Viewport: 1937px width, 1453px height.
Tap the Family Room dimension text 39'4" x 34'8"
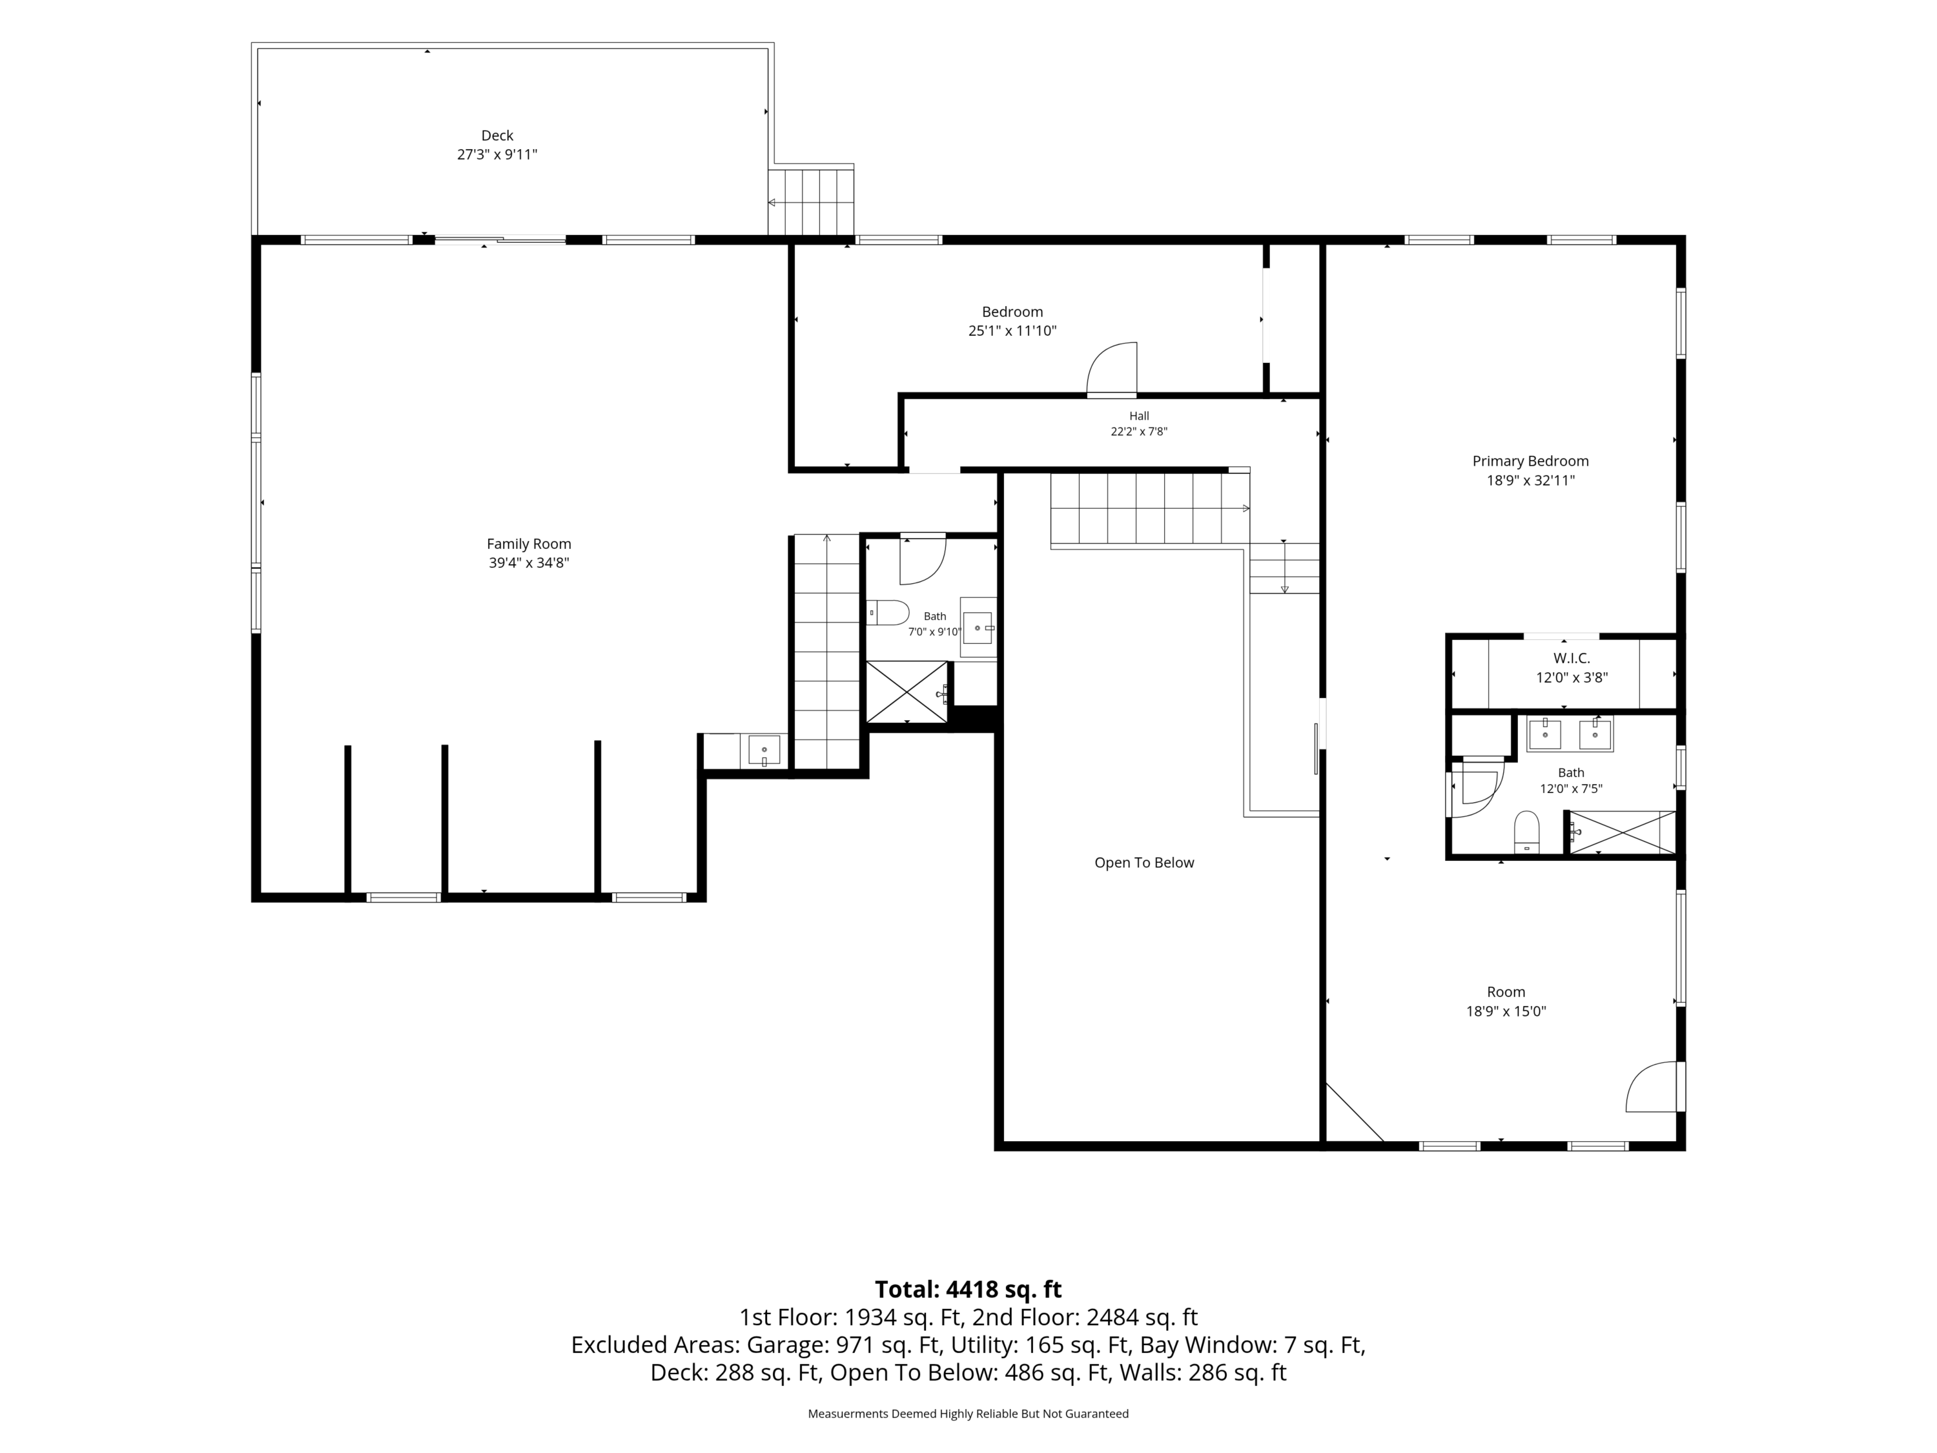[x=529, y=563]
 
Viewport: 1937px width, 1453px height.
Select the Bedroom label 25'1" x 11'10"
[x=1012, y=331]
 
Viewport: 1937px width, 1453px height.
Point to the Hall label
[x=1138, y=416]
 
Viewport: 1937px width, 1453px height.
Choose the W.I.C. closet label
[x=1572, y=658]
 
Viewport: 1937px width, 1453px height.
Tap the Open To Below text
[x=1143, y=863]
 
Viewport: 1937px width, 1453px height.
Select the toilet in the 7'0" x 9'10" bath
[x=888, y=612]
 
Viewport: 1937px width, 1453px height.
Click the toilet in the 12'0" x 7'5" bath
[x=1526, y=832]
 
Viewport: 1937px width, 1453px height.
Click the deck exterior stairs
[x=811, y=201]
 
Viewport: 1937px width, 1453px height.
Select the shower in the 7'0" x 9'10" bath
[x=907, y=692]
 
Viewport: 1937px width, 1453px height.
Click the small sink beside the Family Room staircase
[x=764, y=750]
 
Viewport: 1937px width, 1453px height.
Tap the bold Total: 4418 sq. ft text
[x=968, y=1289]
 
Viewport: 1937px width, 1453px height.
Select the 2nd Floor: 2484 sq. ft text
[x=1142, y=1317]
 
